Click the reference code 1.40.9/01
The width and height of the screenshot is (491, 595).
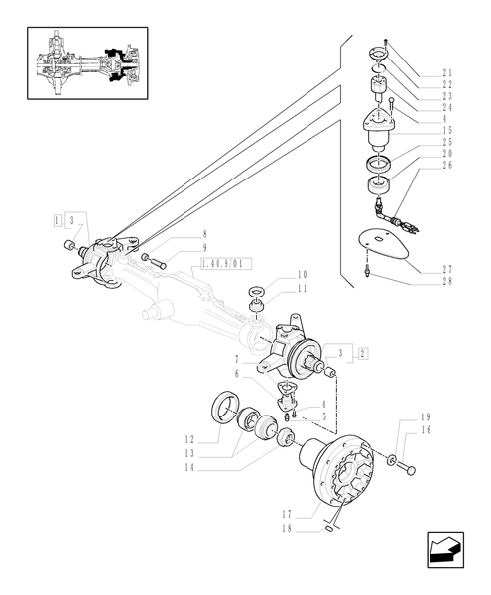coord(227,264)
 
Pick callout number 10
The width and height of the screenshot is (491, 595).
coord(302,274)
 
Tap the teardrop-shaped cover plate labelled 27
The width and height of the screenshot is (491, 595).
coord(390,242)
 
